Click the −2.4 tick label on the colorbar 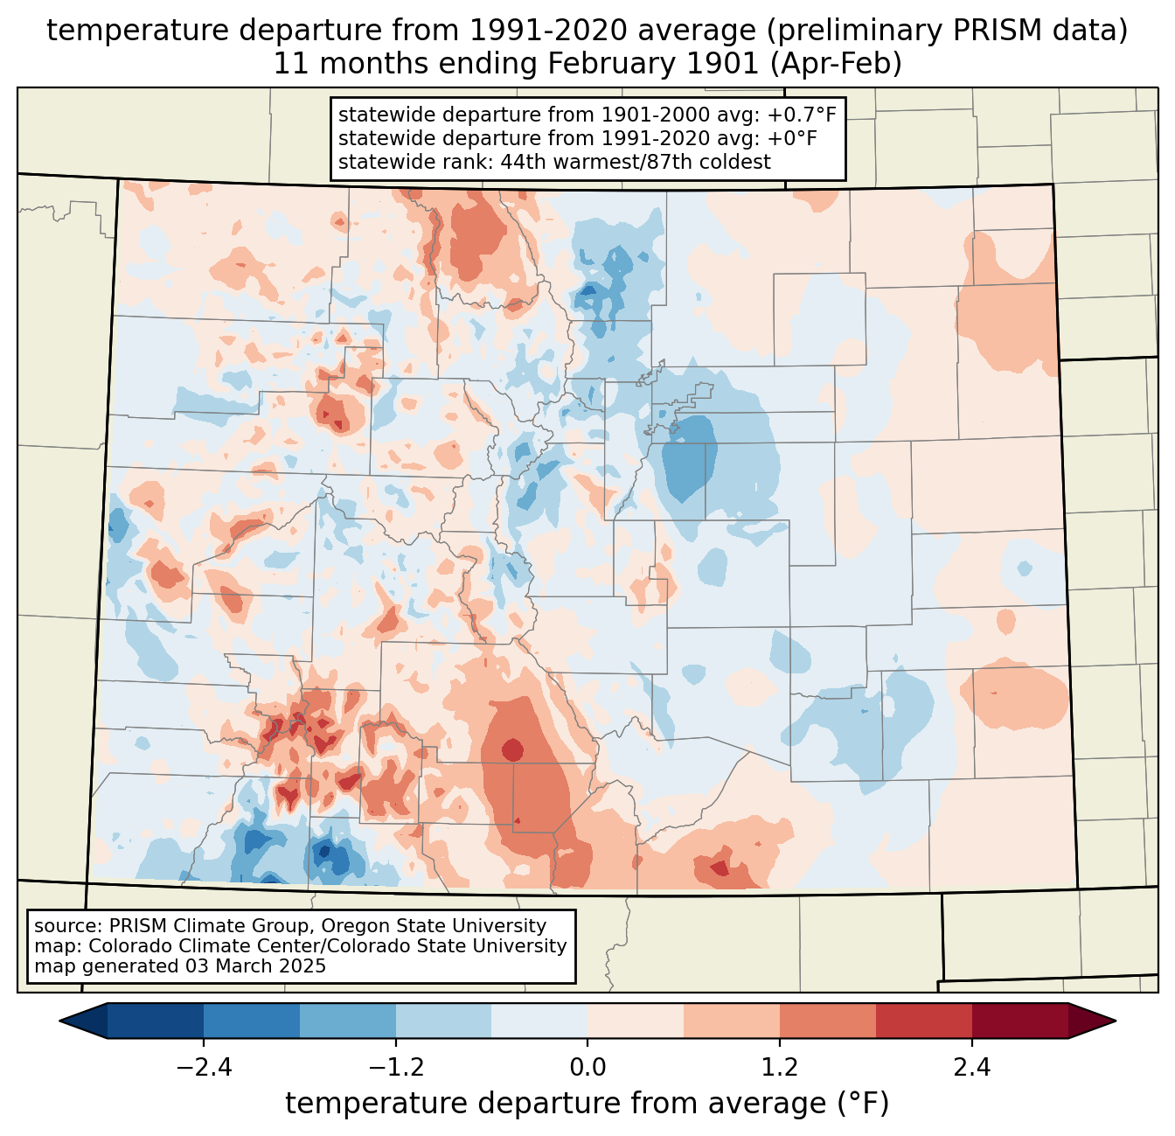pos(204,1069)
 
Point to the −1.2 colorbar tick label pos(395,1069)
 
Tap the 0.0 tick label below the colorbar pos(587,1069)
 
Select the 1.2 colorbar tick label pos(780,1069)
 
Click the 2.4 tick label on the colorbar pos(971,1069)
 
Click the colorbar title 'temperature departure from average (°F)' pos(587,1104)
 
